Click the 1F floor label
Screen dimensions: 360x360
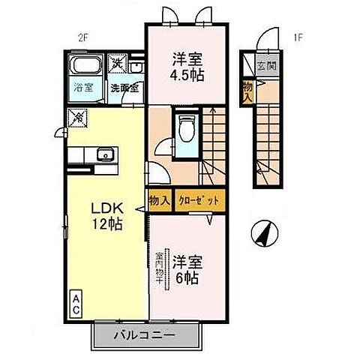coord(297,34)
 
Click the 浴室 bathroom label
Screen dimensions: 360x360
coord(83,88)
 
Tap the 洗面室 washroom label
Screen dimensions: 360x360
coord(124,88)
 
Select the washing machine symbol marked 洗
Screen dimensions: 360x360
coord(117,64)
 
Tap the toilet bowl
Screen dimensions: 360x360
coord(186,129)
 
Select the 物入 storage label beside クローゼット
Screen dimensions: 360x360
coord(158,201)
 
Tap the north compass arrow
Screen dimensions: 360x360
coord(262,234)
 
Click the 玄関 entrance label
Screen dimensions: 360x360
coord(266,65)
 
